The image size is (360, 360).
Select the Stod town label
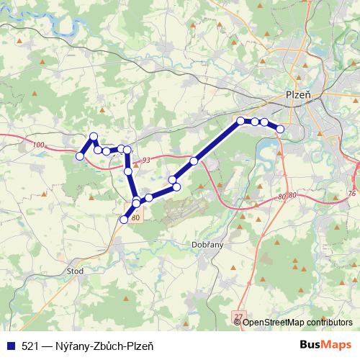tap(75, 271)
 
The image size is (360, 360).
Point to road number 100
tap(39, 145)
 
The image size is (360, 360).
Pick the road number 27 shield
tap(239, 316)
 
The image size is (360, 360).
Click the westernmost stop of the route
tap(80, 154)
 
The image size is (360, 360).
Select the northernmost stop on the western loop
tap(93, 136)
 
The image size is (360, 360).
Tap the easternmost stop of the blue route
tap(280, 129)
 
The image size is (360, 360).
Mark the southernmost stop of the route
tap(124, 220)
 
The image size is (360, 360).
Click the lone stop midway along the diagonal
tap(194, 161)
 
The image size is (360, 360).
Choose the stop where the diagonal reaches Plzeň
tap(240, 120)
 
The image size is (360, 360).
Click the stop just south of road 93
tap(128, 171)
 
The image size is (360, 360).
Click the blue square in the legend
tap(10, 346)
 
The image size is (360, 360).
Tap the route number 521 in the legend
tap(31, 346)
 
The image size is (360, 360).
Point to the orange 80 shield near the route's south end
tap(137, 216)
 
